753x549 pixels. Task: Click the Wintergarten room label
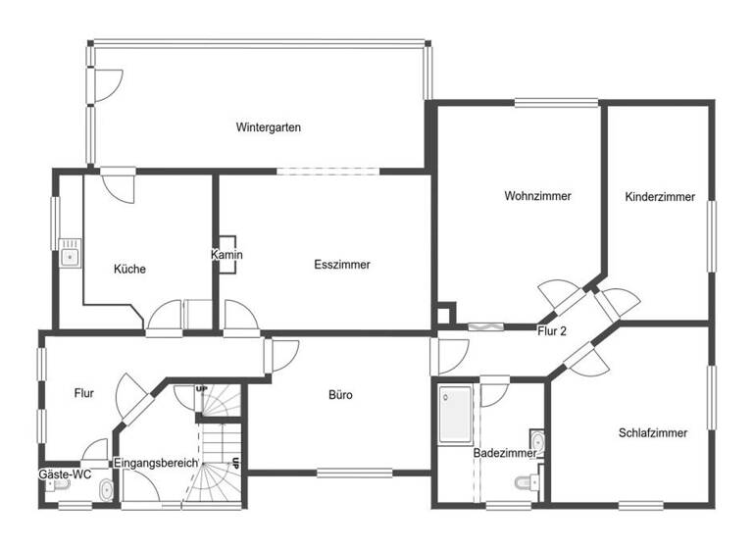pos(268,127)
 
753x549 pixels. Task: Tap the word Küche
pos(129,270)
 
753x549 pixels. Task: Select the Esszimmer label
pos(342,265)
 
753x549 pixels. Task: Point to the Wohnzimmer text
pos(537,196)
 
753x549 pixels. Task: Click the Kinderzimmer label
pos(660,197)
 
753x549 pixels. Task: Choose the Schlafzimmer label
pos(653,432)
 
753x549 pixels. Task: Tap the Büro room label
pos(340,396)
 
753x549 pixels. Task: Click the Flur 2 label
pos(553,332)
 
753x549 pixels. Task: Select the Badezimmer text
pos(505,454)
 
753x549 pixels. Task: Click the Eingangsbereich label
pos(156,463)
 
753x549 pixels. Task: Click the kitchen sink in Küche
pos(70,257)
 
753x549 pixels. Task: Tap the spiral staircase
pos(218,446)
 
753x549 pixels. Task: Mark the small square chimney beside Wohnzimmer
pos(445,315)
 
